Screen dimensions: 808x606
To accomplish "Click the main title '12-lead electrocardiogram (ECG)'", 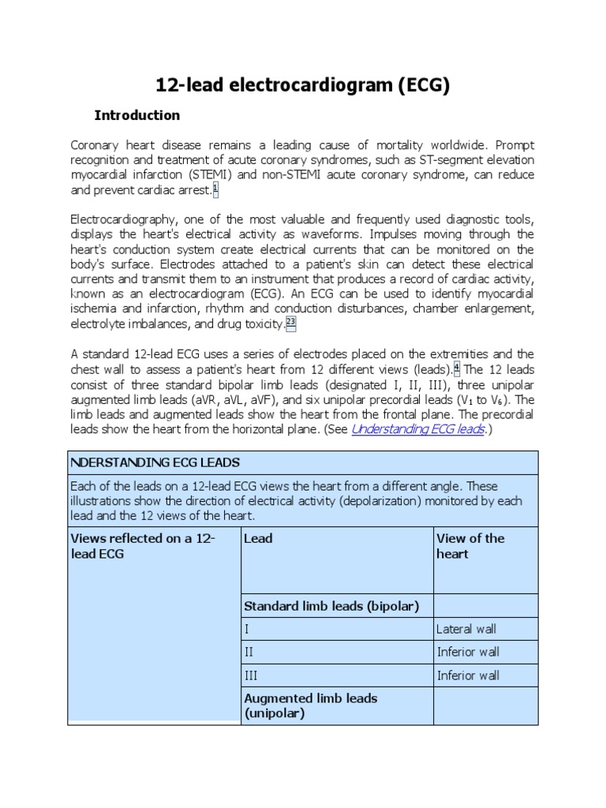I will pos(302,84).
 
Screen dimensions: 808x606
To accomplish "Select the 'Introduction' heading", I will pos(137,115).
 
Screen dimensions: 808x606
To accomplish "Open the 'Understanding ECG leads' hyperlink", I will pos(417,429).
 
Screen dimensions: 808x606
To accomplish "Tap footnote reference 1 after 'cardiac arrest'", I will pos(215,189).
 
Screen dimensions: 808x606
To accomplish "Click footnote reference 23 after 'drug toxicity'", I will pos(290,323).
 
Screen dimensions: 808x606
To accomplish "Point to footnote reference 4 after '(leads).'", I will pos(457,368).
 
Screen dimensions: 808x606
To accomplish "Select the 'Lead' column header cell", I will pos(258,538).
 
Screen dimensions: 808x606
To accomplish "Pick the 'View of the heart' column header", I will pos(469,546).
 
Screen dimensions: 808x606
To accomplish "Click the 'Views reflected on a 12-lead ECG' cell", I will pos(143,546).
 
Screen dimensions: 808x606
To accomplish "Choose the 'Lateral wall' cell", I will pos(466,629).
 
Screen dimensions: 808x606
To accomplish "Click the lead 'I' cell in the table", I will pos(247,629).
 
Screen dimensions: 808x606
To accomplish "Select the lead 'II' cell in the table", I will pos(250,652).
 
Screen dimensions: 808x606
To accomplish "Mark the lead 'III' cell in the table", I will pos(252,675).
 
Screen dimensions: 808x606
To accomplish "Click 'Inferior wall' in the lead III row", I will pos(468,675).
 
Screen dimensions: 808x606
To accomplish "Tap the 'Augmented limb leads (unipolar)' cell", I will pos(310,705).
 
